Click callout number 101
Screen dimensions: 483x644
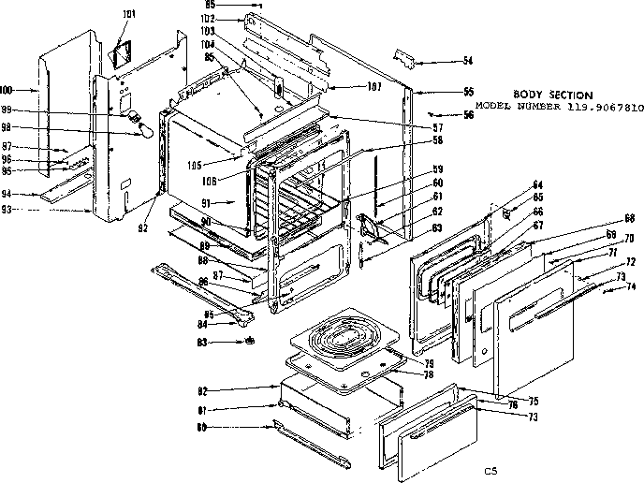128,13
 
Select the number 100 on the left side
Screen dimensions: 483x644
7,90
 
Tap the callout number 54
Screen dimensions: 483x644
441,61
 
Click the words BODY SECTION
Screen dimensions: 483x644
552,95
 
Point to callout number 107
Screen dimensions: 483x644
347,88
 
